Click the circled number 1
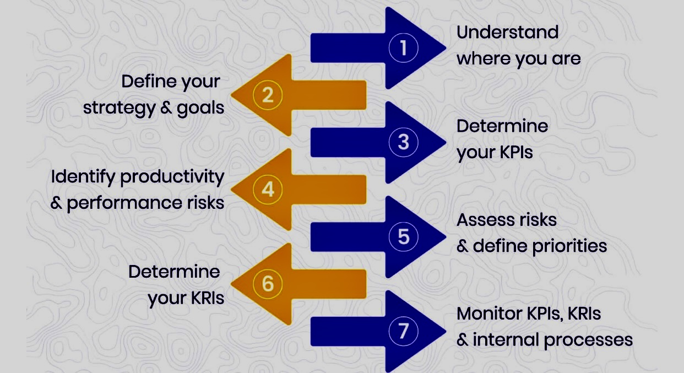click(403, 48)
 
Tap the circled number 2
click(268, 95)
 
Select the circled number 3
click(403, 142)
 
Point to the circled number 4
click(268, 190)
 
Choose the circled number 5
click(403, 237)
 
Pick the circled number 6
click(268, 284)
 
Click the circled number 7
click(403, 331)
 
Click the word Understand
click(508, 32)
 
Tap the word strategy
click(120, 109)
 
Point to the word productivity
click(172, 177)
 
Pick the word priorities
click(570, 247)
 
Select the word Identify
click(83, 177)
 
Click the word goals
click(200, 109)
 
